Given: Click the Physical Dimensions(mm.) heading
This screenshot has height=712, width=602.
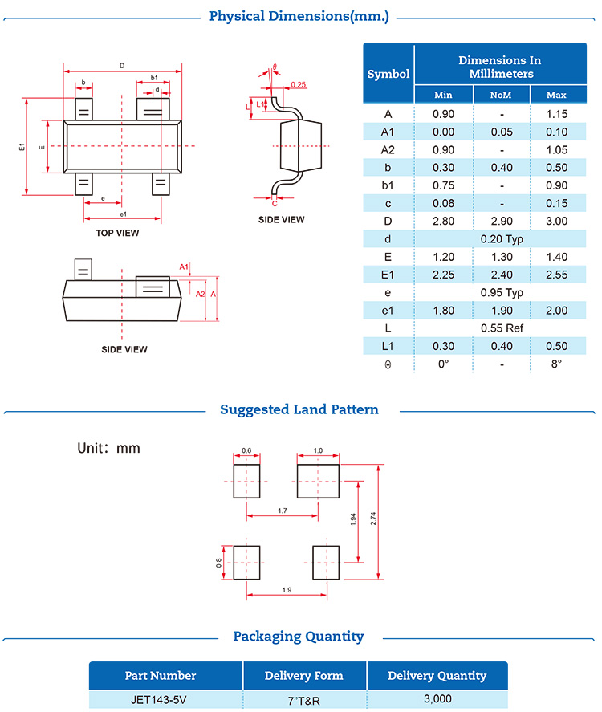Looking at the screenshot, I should [299, 16].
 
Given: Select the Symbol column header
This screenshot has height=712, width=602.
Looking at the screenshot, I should [388, 74].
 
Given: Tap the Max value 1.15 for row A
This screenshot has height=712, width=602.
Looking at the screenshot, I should [556, 114].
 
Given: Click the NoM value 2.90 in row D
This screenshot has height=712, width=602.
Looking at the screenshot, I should [502, 221].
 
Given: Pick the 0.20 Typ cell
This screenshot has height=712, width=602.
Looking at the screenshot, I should [502, 238].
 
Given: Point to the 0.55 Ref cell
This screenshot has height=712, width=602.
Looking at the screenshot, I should [502, 328].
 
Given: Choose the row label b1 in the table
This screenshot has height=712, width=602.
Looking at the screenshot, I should [388, 185].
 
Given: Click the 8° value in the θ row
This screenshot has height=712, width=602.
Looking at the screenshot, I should [556, 364].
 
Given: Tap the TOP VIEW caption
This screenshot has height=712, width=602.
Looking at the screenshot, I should [117, 233].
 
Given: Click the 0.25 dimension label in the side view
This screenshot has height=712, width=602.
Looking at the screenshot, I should [299, 84].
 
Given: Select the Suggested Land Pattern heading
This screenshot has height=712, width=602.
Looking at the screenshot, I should [299, 409].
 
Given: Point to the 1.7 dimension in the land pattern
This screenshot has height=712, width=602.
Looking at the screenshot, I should [283, 510].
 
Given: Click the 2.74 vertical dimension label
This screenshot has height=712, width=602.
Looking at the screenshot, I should [373, 519].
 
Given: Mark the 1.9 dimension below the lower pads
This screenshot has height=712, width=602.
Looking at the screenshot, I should [287, 590].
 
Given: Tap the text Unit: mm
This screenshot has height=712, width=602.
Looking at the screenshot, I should [108, 448].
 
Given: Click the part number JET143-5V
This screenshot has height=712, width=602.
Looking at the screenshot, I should [165, 698].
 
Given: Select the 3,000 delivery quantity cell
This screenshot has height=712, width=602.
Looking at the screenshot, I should [437, 698].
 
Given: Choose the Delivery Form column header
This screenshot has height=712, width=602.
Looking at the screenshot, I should [304, 675].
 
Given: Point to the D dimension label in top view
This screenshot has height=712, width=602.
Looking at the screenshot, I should [121, 65].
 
